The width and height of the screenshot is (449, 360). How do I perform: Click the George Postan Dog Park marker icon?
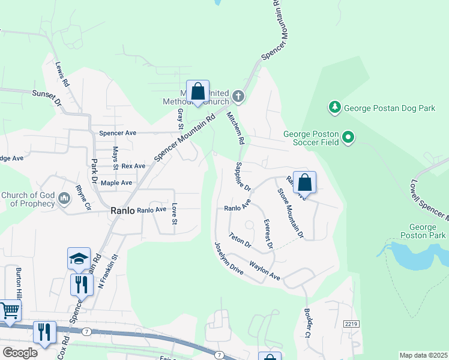point(334,108)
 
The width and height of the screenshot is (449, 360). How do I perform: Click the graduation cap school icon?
point(79,258)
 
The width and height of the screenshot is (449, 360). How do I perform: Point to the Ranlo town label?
point(122,211)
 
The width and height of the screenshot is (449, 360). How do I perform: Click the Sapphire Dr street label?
point(243,176)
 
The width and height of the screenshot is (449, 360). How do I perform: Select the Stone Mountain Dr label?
point(291,213)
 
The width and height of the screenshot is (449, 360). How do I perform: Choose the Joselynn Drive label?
point(229,259)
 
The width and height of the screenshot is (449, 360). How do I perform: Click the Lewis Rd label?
point(62,75)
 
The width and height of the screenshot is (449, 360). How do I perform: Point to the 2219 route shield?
point(351,324)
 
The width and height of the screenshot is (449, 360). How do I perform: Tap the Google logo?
point(19,353)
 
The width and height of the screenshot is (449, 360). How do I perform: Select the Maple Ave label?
point(116,182)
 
